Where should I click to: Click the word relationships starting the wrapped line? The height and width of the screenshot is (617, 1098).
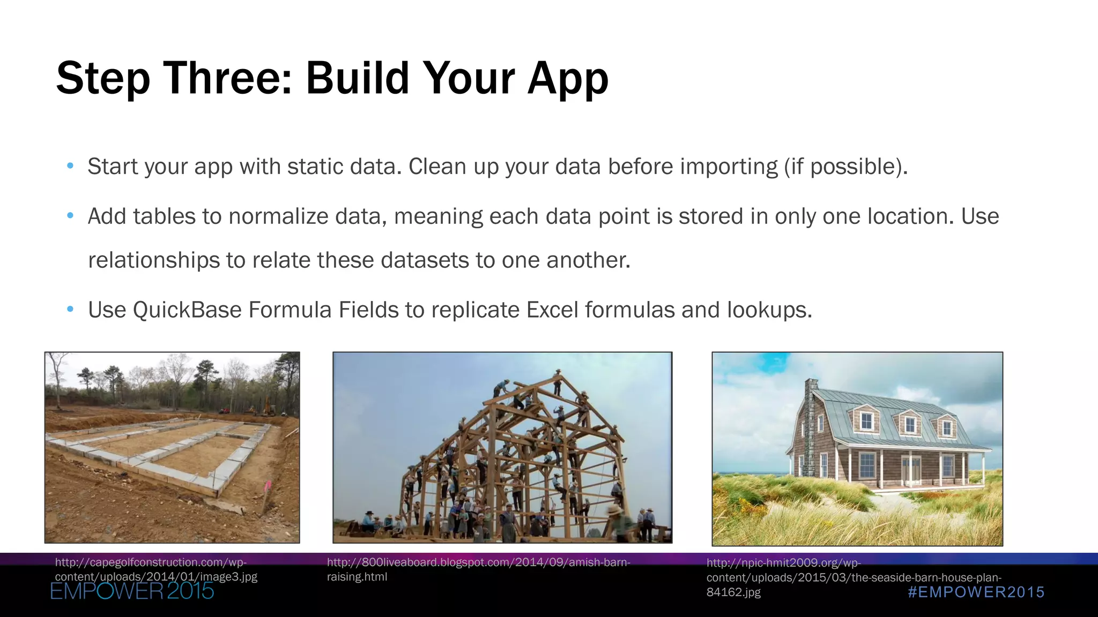153,261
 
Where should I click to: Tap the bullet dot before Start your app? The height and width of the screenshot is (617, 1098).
70,166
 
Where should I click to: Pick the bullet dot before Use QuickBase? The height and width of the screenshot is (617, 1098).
70,310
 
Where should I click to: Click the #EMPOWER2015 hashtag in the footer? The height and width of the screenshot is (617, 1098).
976,592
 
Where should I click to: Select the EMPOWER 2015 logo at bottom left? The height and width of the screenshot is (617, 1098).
132,591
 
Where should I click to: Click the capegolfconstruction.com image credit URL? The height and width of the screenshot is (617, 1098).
156,569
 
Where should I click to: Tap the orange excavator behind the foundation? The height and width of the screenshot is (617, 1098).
267,407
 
